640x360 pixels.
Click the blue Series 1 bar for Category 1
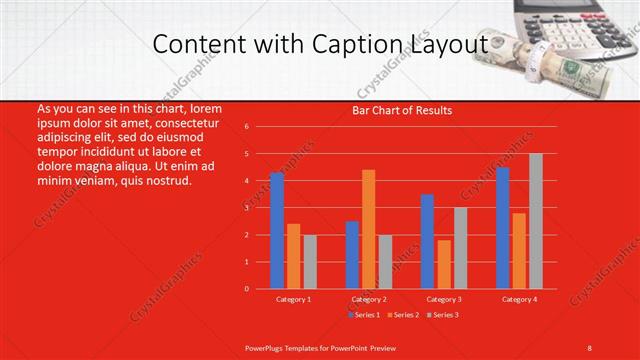(277, 231)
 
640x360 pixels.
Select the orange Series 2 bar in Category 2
(369, 229)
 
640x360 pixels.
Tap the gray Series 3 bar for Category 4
(536, 221)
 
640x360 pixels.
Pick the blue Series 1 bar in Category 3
(427, 241)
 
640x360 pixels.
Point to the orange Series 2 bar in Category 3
(444, 264)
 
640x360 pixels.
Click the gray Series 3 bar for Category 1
(310, 261)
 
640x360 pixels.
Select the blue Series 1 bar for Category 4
(503, 228)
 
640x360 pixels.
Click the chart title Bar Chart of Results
(402, 110)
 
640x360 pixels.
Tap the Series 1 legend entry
(363, 315)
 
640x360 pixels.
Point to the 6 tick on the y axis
(247, 127)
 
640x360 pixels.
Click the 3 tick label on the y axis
(247, 208)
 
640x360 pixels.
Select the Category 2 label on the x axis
(368, 299)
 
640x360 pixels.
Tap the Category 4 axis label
(519, 299)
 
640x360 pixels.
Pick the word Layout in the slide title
(449, 45)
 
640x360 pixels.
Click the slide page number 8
(590, 346)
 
